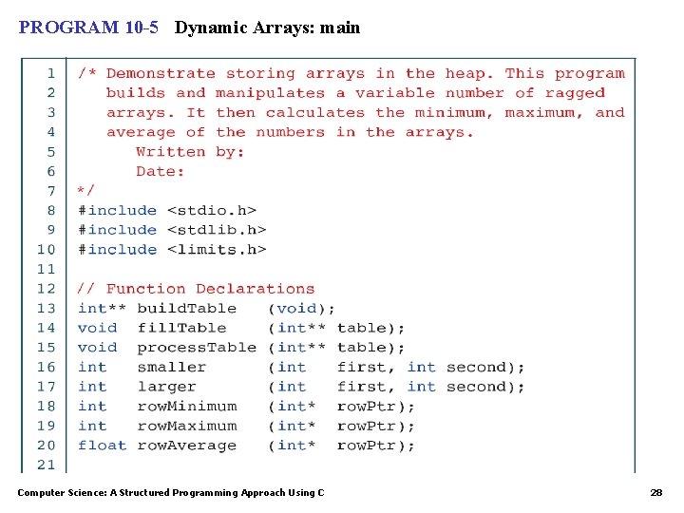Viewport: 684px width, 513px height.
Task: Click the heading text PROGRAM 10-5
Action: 88,28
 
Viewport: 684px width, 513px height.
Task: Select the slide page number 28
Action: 655,493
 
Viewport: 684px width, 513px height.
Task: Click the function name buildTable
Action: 186,308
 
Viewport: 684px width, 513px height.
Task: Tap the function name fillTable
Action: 181,328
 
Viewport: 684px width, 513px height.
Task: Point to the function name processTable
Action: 197,347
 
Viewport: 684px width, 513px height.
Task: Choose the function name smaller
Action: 171,367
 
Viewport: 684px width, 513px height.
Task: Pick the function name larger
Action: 166,387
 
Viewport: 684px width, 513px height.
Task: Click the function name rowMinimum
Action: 186,406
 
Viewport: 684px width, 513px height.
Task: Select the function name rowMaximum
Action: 186,426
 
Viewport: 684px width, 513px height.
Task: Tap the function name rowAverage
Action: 186,445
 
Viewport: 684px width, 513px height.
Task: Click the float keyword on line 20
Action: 102,445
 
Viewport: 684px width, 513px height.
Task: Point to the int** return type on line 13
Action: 102,308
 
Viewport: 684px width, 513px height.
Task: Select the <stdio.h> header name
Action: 211,210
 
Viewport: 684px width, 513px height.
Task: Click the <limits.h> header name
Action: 216,249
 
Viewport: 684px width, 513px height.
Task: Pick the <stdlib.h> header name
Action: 216,230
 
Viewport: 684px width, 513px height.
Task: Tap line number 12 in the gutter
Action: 46,289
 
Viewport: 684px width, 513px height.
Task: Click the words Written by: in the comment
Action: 190,152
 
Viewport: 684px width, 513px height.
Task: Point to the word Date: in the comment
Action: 161,171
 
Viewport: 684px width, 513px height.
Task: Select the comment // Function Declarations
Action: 196,289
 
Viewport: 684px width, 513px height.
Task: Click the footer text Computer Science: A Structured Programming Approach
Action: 170,493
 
